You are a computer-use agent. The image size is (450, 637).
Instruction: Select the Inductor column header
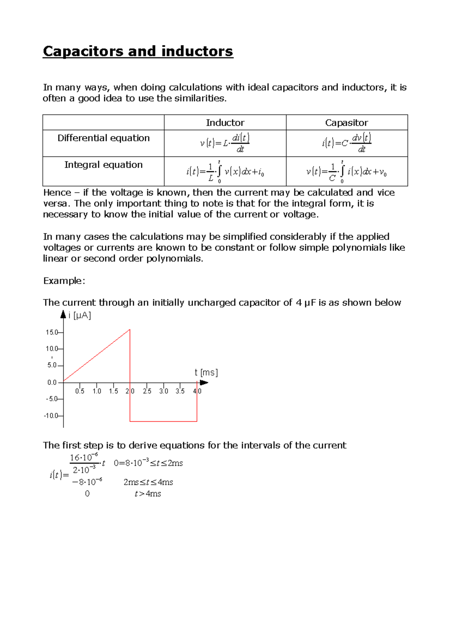tap(225, 123)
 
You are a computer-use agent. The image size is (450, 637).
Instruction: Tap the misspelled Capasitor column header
tap(346, 123)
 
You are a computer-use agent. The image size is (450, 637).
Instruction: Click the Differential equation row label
tap(103, 138)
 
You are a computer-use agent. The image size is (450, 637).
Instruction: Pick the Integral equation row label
tap(103, 165)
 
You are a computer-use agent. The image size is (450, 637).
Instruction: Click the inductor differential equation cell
tap(225, 143)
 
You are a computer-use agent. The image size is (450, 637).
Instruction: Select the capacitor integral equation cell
tap(346, 171)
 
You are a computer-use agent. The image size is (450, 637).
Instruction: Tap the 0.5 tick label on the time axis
tap(79, 391)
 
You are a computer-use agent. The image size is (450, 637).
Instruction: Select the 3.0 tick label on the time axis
tap(163, 391)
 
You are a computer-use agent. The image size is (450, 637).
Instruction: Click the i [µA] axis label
tap(79, 315)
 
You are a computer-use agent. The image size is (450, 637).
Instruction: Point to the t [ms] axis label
tap(206, 373)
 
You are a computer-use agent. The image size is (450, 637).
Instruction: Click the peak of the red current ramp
tap(130, 330)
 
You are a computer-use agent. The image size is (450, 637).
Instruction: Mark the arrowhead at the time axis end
tap(204, 383)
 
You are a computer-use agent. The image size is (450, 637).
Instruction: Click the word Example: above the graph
tap(64, 281)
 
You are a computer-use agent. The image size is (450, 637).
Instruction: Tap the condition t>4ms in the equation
tap(148, 494)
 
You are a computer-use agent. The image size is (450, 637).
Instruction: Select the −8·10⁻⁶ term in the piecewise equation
tap(87, 482)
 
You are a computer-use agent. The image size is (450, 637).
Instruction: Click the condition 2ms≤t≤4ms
tap(148, 482)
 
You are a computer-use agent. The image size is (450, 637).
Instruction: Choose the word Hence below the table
tap(57, 192)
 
